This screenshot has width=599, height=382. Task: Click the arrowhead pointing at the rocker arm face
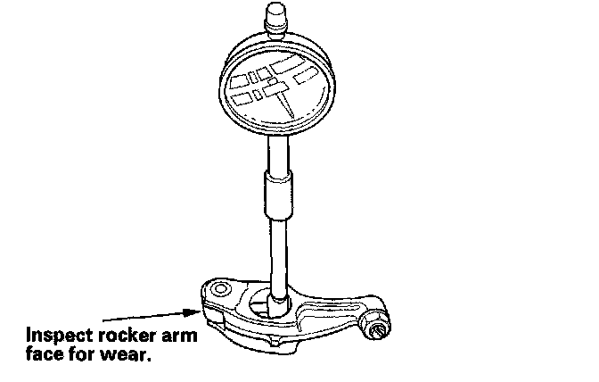tap(194, 312)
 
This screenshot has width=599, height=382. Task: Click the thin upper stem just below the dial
tap(273, 156)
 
